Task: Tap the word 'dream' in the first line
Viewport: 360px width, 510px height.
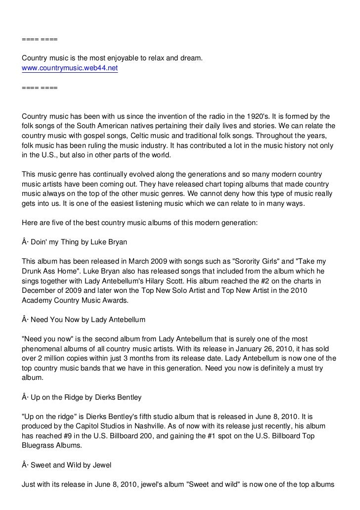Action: coord(191,59)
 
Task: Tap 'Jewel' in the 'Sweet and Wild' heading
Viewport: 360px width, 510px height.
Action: coord(102,464)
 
